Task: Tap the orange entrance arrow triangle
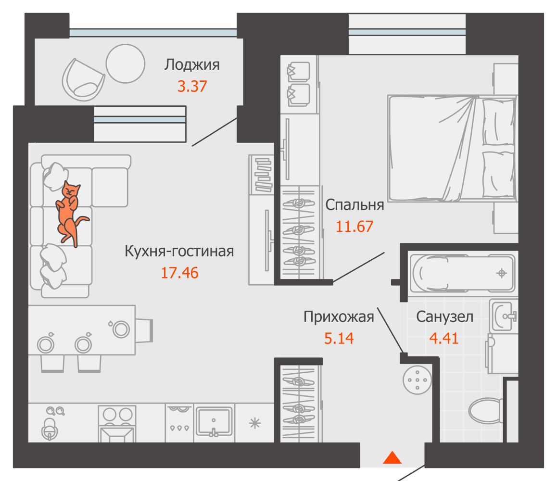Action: tap(392, 458)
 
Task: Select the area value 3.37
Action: tap(192, 87)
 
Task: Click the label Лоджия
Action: tap(192, 64)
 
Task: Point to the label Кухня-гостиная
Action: tap(179, 251)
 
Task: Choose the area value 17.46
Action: tap(179, 273)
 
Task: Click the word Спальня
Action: tap(354, 205)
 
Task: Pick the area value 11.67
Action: tap(354, 226)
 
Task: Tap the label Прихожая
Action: tap(339, 317)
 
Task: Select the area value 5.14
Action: tap(339, 339)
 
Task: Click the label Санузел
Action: tap(444, 317)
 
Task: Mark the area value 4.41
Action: tap(443, 339)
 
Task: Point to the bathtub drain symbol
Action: tap(501, 273)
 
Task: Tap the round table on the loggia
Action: tap(125, 63)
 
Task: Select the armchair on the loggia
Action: tap(83, 80)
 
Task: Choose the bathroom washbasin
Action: tap(504, 316)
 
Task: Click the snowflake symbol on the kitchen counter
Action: tap(254, 423)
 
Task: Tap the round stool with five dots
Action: tap(417, 379)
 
